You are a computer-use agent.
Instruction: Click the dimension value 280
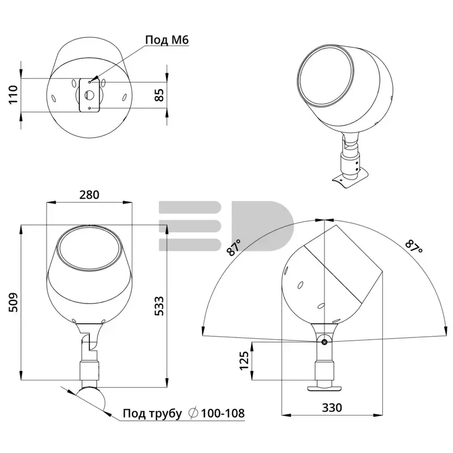coord(89,195)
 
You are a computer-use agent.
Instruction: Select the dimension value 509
coord(13,302)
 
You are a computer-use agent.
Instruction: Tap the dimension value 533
coord(159,306)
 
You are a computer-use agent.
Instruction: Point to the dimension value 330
coord(332,408)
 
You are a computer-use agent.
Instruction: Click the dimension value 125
coord(244,361)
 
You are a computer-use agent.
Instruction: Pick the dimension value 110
coord(13,95)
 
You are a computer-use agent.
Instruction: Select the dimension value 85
coord(159,95)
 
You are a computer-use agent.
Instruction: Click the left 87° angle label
coord(234,247)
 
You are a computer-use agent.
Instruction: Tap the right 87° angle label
coord(414,246)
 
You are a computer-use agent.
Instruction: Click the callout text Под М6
coord(167,40)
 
